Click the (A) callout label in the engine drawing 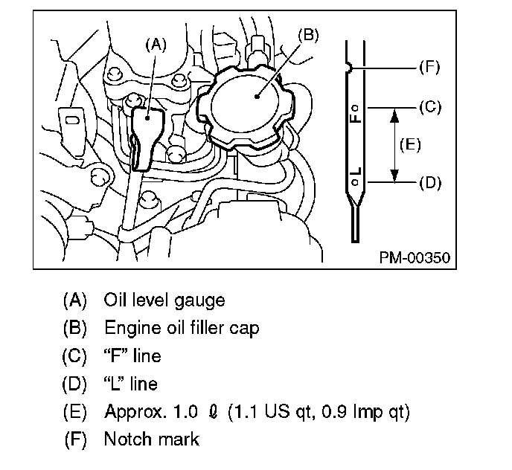click(x=156, y=44)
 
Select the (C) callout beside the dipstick click(x=430, y=107)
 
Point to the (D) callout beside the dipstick click(x=430, y=181)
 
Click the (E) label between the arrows click(x=409, y=144)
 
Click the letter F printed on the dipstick click(x=357, y=117)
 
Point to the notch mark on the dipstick click(x=349, y=68)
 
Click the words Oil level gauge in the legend click(x=164, y=300)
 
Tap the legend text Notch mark click(x=152, y=439)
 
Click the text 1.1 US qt click(x=286, y=411)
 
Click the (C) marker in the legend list click(x=74, y=356)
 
